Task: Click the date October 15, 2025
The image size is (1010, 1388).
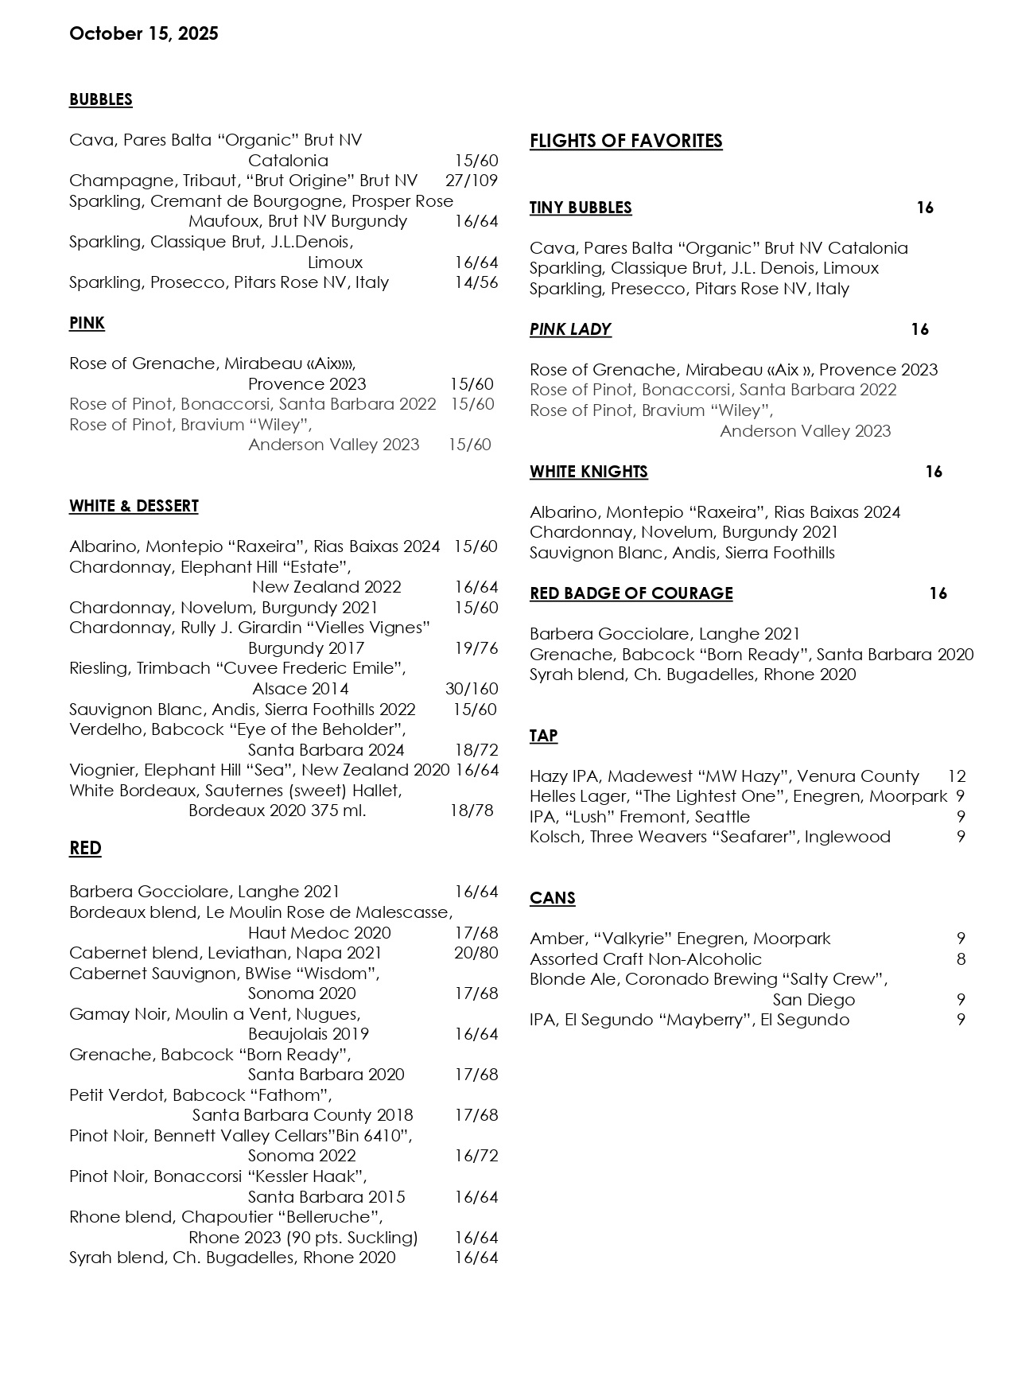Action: (143, 33)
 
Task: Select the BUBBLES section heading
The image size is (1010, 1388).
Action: (100, 99)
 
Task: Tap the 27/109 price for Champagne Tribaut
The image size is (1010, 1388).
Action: (472, 181)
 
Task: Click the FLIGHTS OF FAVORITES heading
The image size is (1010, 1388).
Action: (626, 142)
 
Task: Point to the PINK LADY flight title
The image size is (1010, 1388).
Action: (570, 329)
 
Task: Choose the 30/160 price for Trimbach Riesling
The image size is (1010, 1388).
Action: (472, 689)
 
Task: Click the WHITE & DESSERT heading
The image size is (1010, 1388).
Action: (134, 506)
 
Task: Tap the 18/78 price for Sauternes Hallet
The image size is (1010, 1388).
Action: (472, 811)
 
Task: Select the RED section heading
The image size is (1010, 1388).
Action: (85, 848)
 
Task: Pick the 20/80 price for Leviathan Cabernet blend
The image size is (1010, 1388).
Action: (476, 953)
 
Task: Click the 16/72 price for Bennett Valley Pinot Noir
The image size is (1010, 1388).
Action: (476, 1156)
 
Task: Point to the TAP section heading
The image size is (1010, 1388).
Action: (543, 736)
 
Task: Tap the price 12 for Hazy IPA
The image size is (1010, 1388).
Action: (957, 776)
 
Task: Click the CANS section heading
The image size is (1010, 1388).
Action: (552, 898)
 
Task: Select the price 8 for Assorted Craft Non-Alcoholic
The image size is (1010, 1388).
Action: (961, 959)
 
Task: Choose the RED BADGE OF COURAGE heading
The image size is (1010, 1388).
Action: (631, 593)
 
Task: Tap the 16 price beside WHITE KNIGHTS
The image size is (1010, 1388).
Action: (934, 472)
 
